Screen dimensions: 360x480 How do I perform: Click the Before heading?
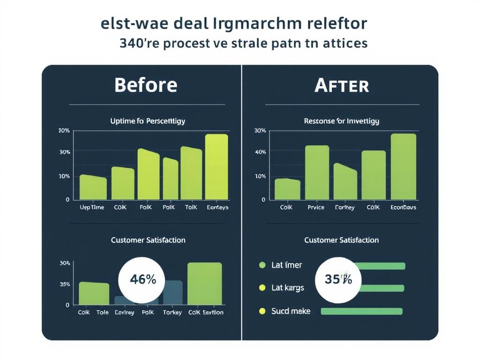click(x=146, y=85)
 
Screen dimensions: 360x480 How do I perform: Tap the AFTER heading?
click(x=341, y=86)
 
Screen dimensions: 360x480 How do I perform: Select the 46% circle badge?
click(x=142, y=280)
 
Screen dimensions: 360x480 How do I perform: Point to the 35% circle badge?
click(x=338, y=279)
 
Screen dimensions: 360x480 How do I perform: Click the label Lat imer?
click(x=287, y=265)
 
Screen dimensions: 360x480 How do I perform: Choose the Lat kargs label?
click(x=288, y=288)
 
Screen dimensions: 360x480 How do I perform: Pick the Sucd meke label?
click(x=291, y=311)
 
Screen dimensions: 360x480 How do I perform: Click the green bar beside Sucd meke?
click(x=361, y=311)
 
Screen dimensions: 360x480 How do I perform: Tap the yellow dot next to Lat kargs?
click(x=262, y=287)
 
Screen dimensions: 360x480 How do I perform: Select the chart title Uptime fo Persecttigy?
click(x=148, y=121)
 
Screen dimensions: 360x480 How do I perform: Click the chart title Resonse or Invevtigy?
click(x=341, y=121)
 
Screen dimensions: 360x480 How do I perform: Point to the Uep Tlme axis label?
click(x=92, y=207)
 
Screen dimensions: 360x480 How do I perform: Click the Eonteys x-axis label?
click(x=217, y=207)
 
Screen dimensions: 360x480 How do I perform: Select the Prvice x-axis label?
click(x=316, y=207)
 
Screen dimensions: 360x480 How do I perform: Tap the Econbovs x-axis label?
click(x=403, y=207)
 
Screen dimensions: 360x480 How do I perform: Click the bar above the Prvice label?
click(x=317, y=172)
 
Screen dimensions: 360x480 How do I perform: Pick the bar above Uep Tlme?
click(x=93, y=187)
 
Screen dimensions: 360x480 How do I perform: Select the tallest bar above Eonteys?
click(x=217, y=167)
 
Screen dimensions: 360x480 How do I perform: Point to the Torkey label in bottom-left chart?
click(x=172, y=312)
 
